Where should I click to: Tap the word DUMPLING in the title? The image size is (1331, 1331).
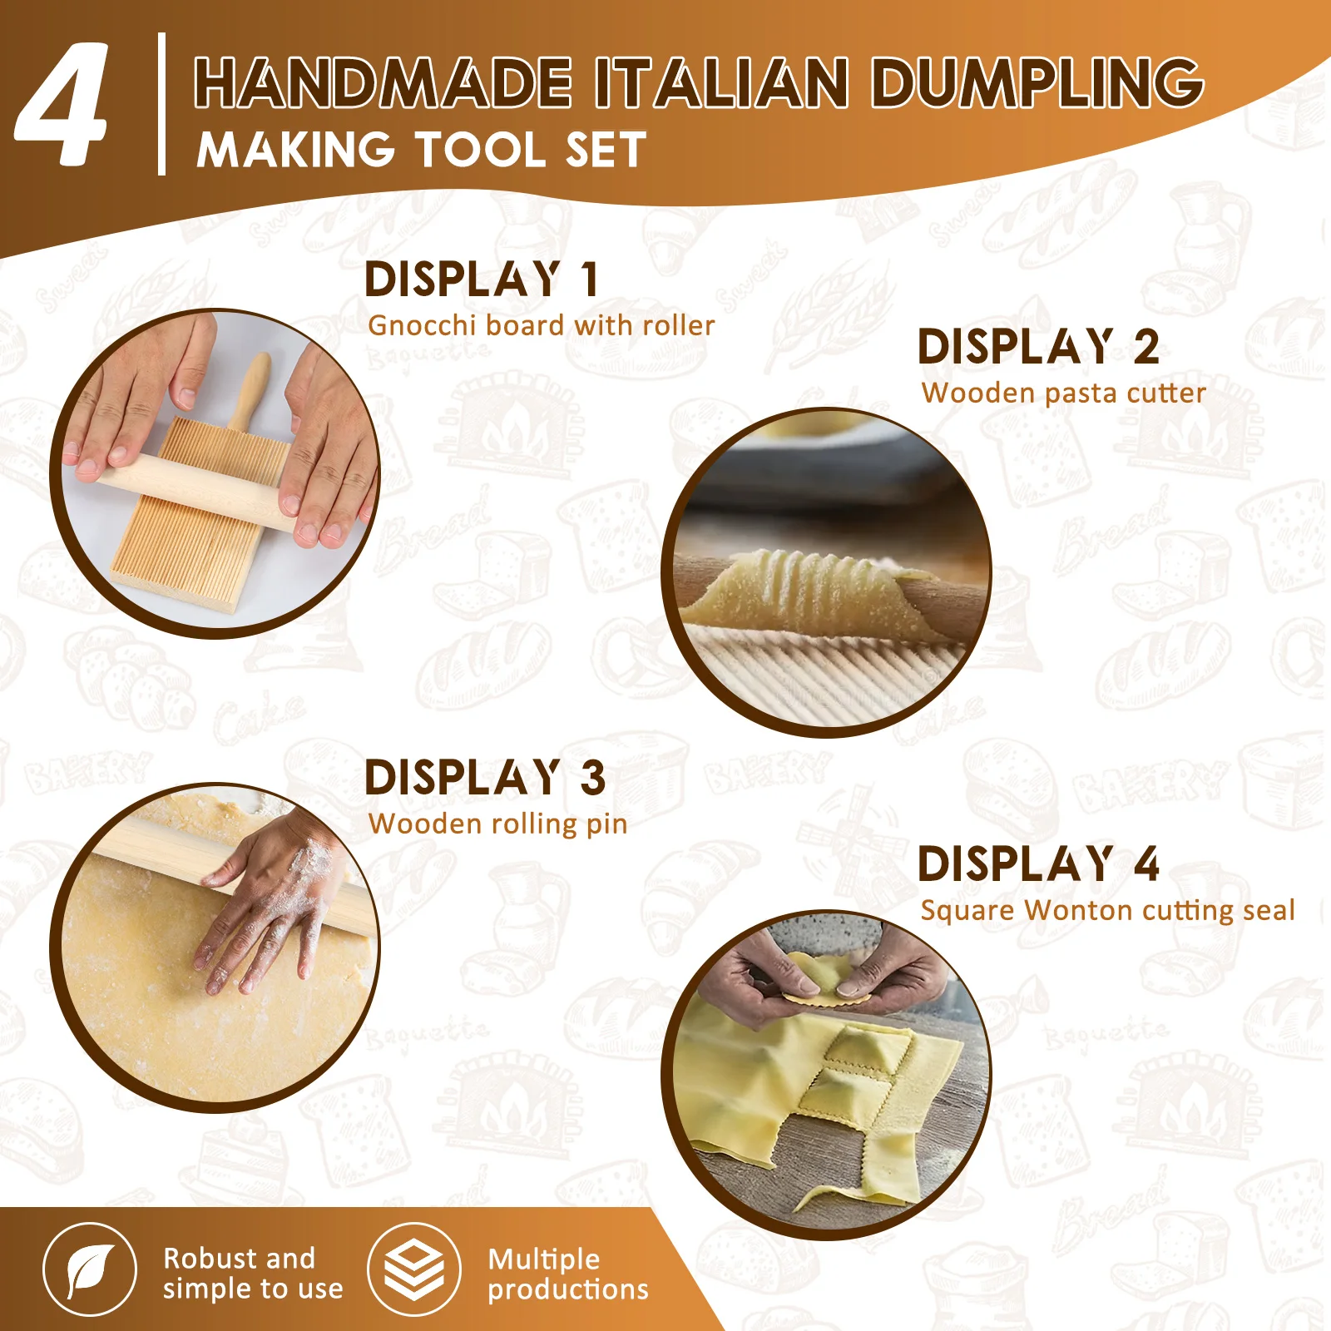[x=1037, y=82]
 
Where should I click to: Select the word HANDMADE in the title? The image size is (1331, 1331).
[x=383, y=82]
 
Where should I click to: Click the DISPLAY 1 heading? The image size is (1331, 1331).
[x=482, y=279]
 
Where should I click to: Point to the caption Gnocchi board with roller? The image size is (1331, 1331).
[x=541, y=325]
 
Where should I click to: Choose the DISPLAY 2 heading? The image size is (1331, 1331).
[x=1038, y=347]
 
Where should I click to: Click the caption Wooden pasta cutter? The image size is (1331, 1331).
[x=1063, y=393]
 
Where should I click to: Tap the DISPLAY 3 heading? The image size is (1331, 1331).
[x=485, y=778]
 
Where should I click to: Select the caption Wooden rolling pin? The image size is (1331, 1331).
[x=497, y=824]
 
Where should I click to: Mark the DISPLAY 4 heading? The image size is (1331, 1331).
[x=1038, y=863]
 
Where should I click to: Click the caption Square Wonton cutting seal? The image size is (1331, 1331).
[x=1107, y=910]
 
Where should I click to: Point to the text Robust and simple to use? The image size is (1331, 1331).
[x=252, y=1273]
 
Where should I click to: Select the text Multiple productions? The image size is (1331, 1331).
[x=567, y=1274]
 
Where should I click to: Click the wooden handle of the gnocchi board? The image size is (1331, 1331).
[x=250, y=391]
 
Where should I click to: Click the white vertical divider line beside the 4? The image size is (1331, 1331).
[x=161, y=104]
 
